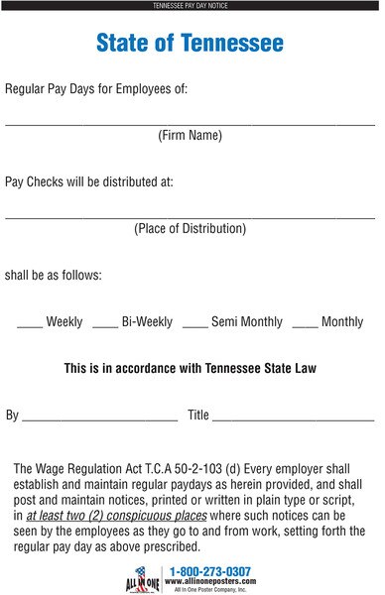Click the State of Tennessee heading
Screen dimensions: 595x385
pyautogui.click(x=190, y=44)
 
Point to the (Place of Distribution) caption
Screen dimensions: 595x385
pyautogui.click(x=190, y=228)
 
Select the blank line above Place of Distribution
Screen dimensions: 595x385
pyautogui.click(x=190, y=216)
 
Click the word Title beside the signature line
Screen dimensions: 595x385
pyautogui.click(x=198, y=416)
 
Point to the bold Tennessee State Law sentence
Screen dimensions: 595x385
pyautogui.click(x=190, y=368)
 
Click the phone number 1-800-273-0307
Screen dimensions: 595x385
pyautogui.click(x=210, y=571)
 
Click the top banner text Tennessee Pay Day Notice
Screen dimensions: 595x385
pyautogui.click(x=190, y=6)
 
